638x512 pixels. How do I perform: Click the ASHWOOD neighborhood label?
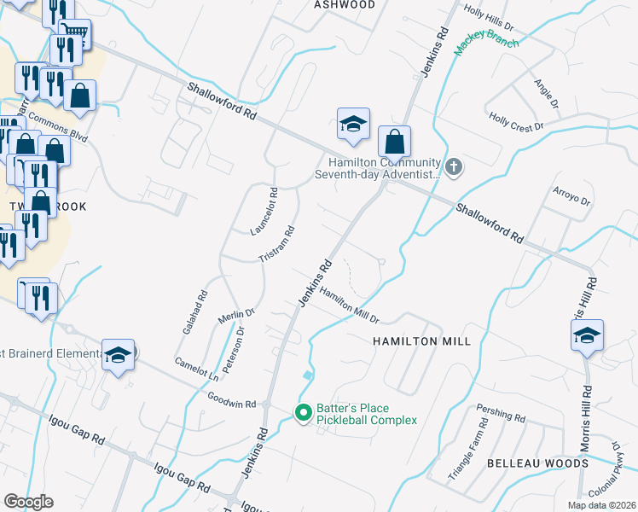tap(345, 4)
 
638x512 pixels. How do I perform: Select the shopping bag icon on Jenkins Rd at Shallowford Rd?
tap(394, 141)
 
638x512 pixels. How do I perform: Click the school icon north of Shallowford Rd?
tap(353, 124)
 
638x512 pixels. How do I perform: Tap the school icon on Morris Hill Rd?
tap(588, 335)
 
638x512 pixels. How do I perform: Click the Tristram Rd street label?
tap(277, 244)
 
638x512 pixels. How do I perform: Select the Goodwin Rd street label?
tap(232, 399)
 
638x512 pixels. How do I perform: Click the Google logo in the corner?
tap(28, 502)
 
